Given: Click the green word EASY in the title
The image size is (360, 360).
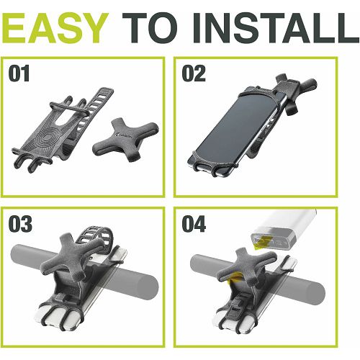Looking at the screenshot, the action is (x=55, y=27).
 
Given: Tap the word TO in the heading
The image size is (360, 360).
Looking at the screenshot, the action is (x=152, y=27).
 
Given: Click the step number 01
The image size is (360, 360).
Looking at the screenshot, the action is (x=19, y=73).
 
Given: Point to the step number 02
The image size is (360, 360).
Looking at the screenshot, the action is (x=194, y=73).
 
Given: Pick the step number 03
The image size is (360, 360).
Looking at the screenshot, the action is (x=20, y=224).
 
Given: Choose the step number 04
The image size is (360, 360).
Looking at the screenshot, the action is (x=194, y=224).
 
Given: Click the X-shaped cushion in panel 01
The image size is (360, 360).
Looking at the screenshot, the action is (x=126, y=139).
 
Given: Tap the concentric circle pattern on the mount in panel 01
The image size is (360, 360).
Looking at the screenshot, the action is (x=46, y=138).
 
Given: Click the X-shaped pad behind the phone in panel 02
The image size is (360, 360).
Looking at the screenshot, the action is (x=297, y=91).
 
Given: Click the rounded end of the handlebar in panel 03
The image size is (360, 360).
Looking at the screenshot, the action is (x=149, y=287).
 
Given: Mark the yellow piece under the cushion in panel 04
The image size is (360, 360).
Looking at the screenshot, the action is (x=233, y=279).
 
